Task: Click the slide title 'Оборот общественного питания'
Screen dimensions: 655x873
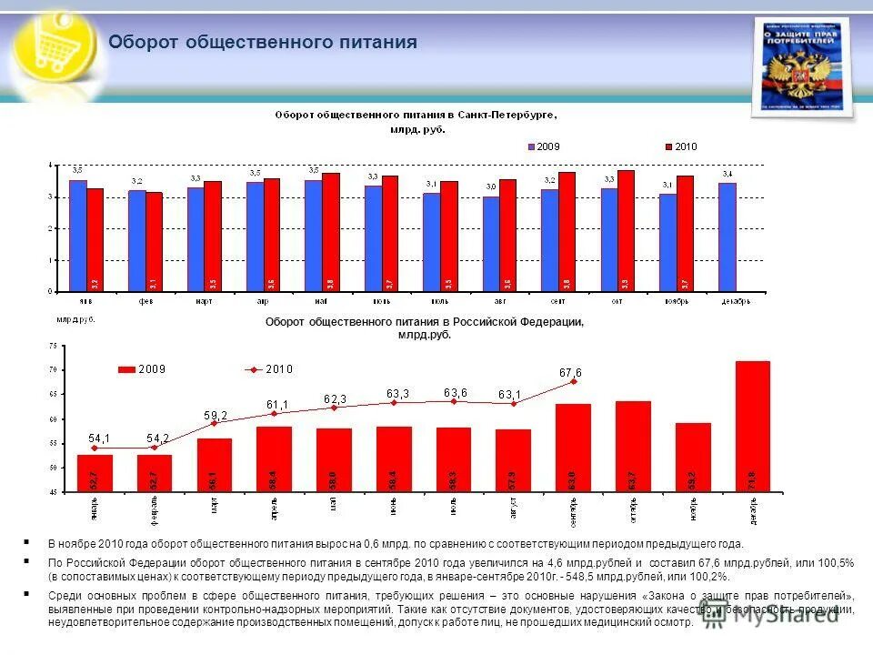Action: [x=263, y=43]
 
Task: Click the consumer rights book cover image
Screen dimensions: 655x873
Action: [x=803, y=69]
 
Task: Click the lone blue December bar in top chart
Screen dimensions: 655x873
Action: [x=727, y=237]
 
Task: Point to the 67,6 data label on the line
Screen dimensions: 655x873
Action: [x=570, y=372]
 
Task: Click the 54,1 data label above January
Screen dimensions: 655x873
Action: [x=100, y=438]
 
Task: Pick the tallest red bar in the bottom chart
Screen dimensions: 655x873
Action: [x=752, y=426]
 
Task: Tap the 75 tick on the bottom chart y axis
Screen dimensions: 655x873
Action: [x=52, y=346]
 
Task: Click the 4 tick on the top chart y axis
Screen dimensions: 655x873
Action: [x=51, y=166]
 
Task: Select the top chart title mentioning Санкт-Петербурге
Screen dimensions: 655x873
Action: [x=416, y=116]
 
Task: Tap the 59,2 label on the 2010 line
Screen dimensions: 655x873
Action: [x=215, y=414]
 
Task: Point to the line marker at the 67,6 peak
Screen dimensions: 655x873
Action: [x=573, y=381]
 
